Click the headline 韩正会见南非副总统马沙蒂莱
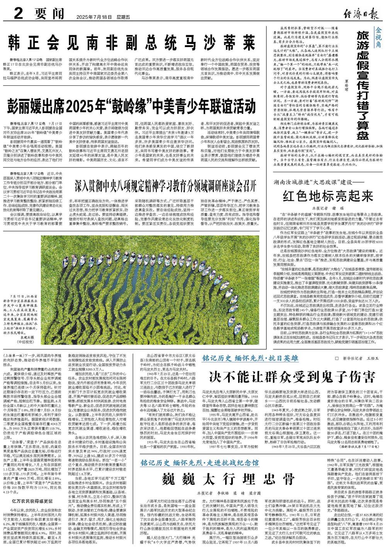[134, 43]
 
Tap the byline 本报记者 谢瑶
[321, 208]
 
